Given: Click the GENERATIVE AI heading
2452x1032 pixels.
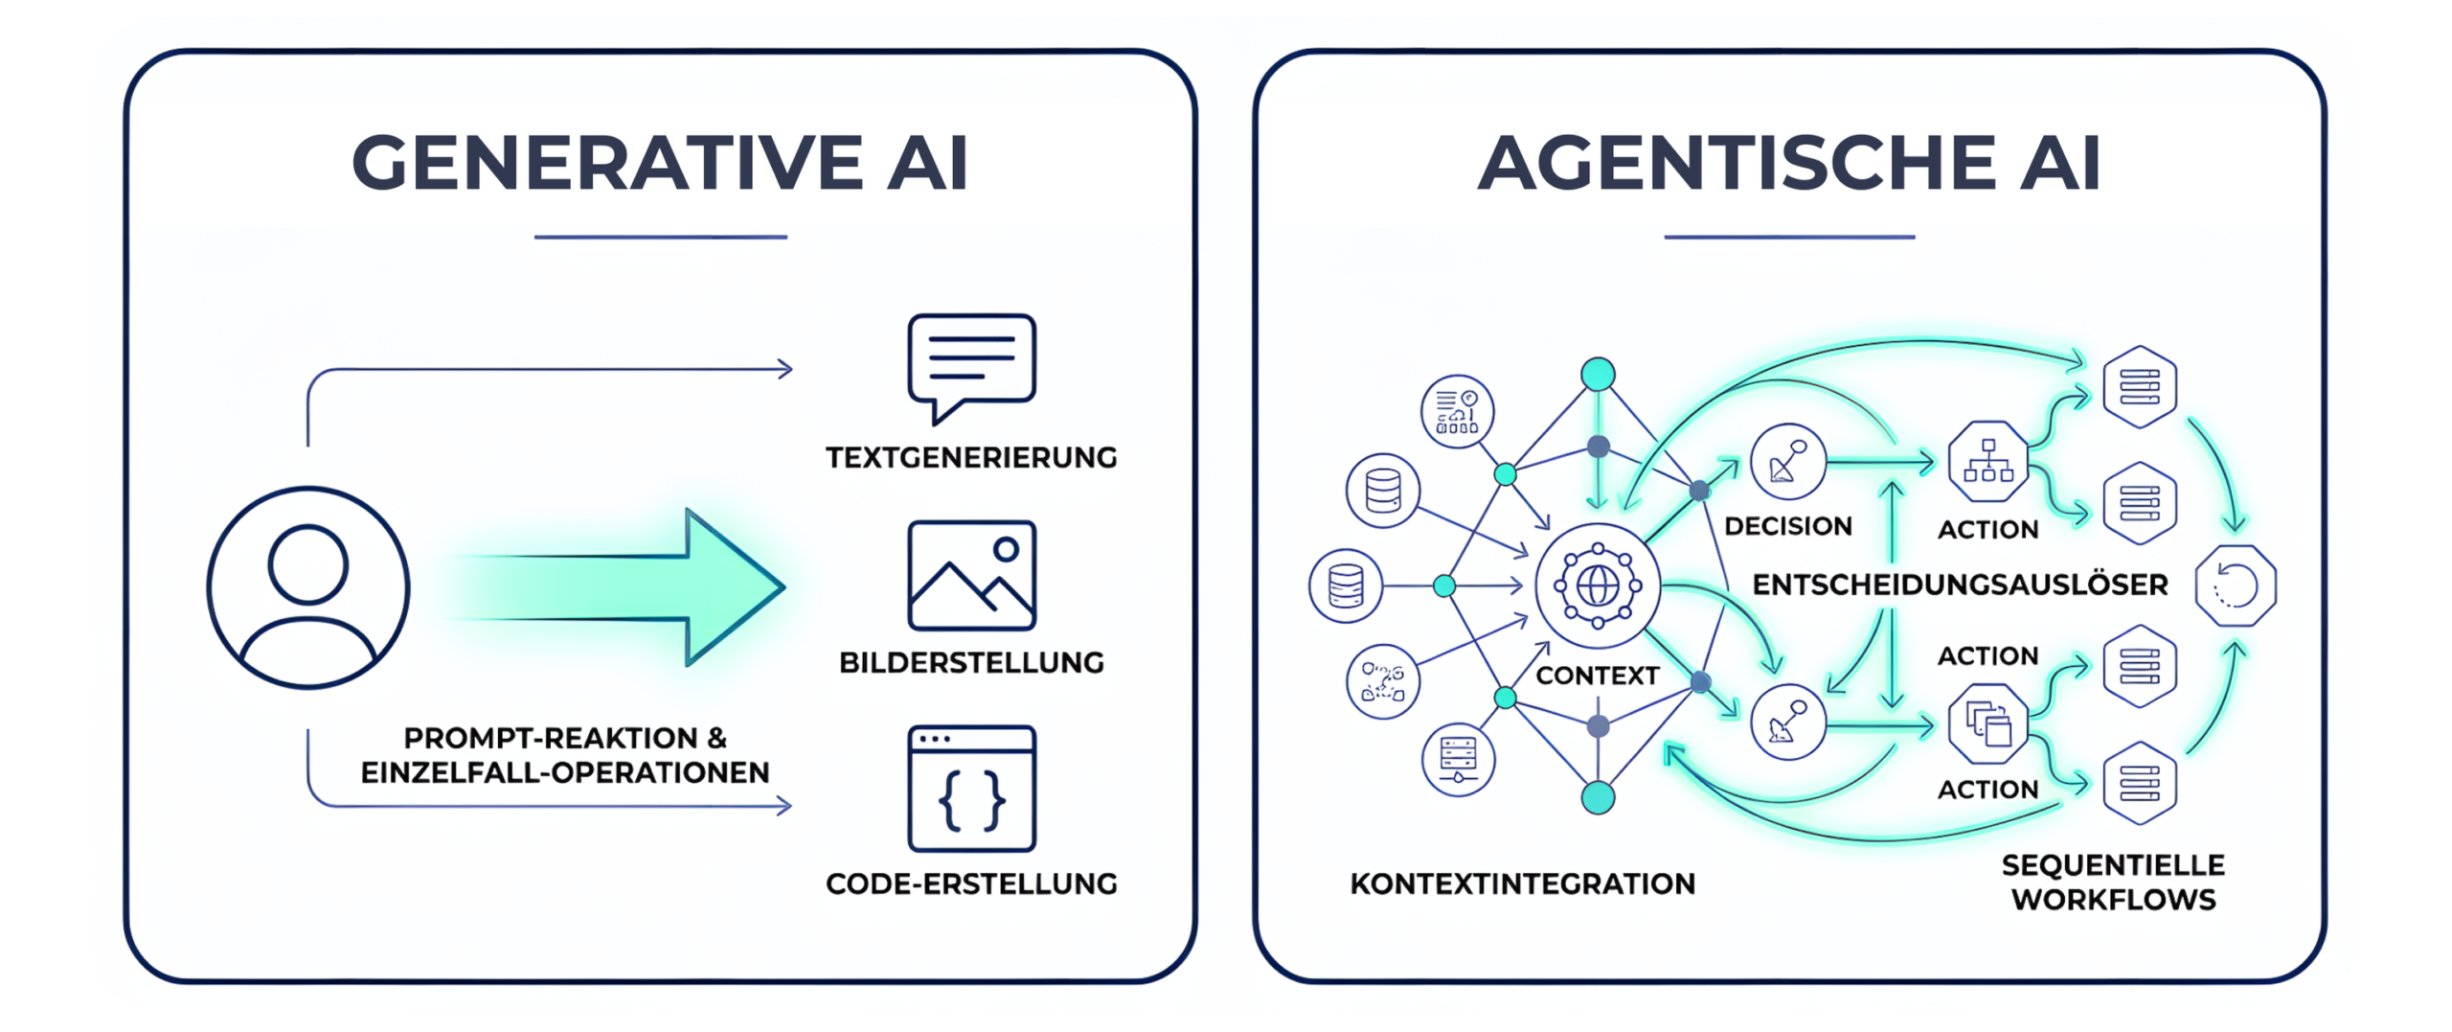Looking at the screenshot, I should click(x=660, y=163).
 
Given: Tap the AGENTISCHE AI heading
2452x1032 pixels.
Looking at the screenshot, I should click(x=1788, y=163).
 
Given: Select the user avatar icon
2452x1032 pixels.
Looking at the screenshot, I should click(x=308, y=586).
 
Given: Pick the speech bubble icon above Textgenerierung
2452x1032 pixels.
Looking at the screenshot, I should click(x=971, y=365).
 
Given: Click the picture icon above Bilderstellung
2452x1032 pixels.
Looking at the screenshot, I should click(x=971, y=575).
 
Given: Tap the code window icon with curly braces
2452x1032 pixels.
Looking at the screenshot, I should click(x=971, y=789).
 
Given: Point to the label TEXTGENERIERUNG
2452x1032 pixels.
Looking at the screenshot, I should click(x=971, y=458).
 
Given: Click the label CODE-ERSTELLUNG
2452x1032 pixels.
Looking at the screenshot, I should click(x=971, y=883).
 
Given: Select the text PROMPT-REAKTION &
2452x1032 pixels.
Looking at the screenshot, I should click(x=565, y=738).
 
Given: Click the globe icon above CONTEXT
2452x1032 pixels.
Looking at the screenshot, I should click(x=1597, y=585).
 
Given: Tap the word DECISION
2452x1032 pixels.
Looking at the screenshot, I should click(x=1787, y=526).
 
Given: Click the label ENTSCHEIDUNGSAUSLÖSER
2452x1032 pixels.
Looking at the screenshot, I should click(x=1960, y=585).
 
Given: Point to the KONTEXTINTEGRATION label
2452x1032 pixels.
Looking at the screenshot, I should click(x=1522, y=883).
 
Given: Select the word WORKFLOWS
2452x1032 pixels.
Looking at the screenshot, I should click(x=2113, y=900).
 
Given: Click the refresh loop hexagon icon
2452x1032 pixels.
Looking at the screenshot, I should click(x=2236, y=585).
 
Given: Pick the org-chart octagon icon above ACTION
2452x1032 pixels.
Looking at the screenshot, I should click(x=1987, y=461).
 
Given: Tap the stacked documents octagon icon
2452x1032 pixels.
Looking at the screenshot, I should click(x=1987, y=723).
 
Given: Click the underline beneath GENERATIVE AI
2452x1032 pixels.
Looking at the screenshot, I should click(x=660, y=237).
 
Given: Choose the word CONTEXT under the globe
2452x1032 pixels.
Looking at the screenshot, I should click(x=1597, y=676).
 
